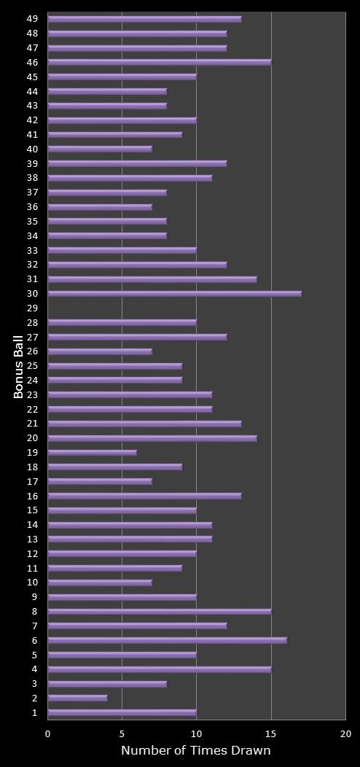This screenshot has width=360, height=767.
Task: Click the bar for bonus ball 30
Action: click(175, 294)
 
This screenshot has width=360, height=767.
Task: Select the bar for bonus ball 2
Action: click(78, 698)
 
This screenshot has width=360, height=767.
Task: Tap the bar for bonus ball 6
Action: click(168, 640)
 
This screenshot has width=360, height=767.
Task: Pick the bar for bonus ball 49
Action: click(145, 19)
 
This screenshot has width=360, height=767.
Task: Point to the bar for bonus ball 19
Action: click(93, 453)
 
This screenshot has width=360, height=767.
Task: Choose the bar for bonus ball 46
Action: click(160, 63)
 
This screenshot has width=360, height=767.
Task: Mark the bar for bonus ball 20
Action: click(152, 438)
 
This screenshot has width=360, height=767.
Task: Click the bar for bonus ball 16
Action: click(145, 496)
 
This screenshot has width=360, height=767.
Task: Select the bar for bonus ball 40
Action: click(100, 149)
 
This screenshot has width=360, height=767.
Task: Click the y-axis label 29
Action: click(32, 308)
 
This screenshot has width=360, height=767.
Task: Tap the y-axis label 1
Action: click(35, 712)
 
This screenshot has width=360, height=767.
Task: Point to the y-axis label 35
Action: click(32, 222)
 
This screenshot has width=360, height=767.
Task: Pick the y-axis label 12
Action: click(32, 553)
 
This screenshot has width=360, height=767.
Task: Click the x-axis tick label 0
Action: click(48, 734)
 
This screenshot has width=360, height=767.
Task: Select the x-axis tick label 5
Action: click(122, 734)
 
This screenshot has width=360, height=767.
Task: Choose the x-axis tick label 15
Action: click(271, 734)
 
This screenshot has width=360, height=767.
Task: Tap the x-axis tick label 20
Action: click(345, 734)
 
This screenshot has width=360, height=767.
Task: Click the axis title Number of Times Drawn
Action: click(196, 751)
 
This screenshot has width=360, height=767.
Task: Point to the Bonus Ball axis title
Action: click(19, 366)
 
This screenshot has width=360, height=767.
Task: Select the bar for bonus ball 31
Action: click(152, 279)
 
